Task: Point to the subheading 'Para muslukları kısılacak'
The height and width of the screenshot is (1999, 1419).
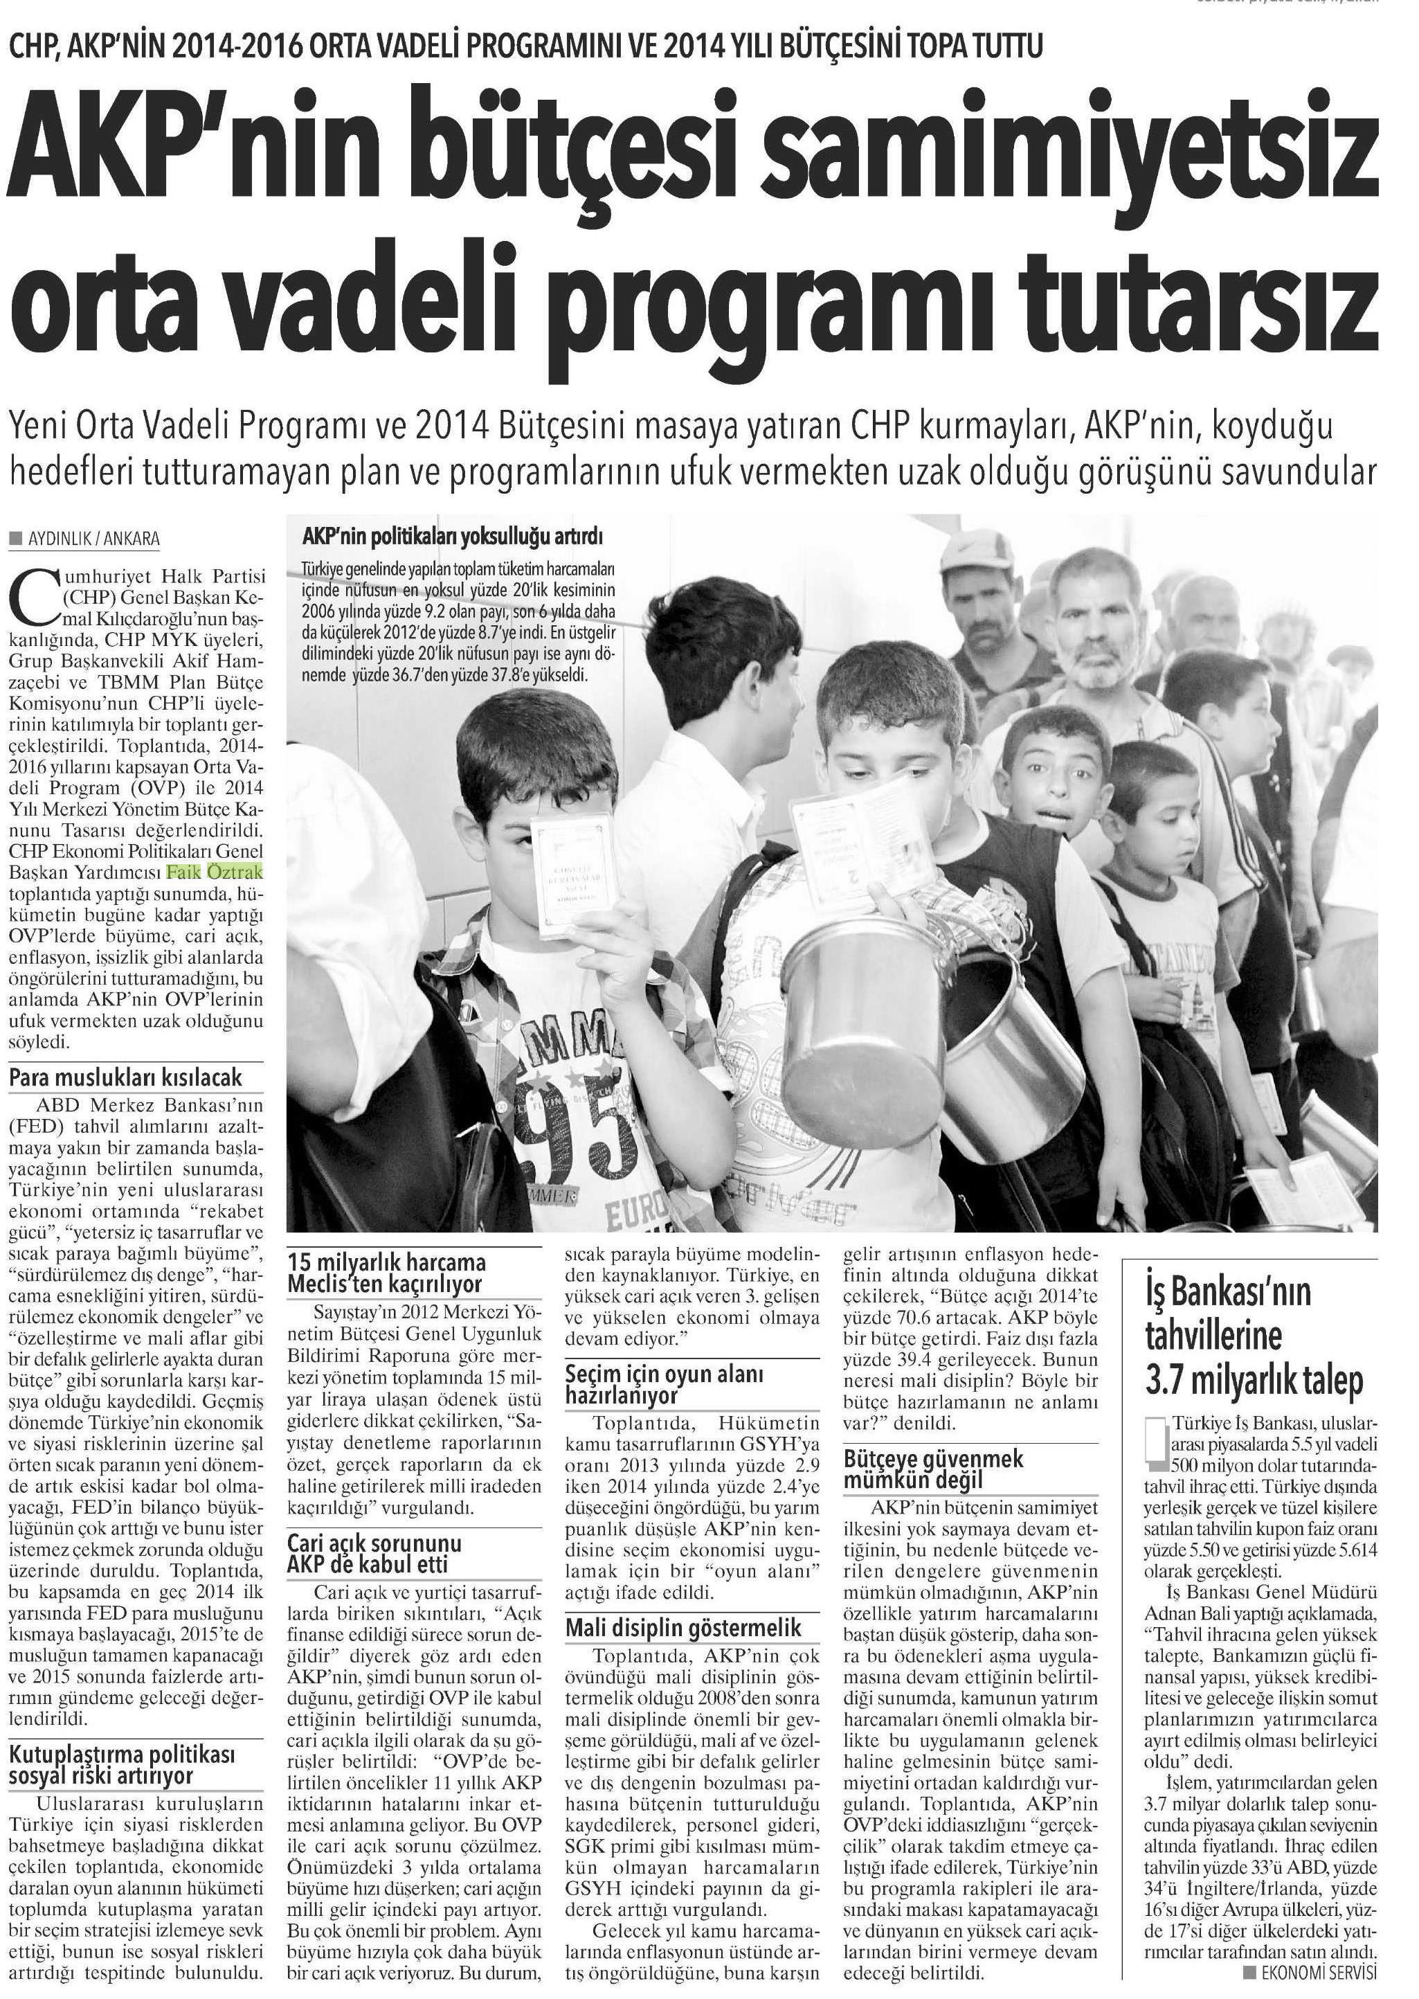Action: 126,1077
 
